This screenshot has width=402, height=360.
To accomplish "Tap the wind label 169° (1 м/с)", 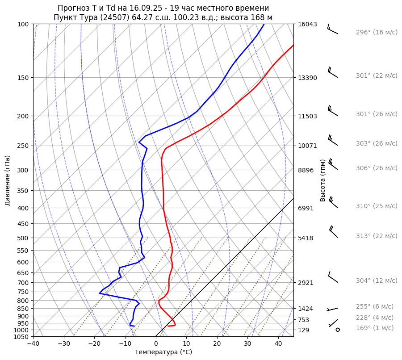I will (375, 328).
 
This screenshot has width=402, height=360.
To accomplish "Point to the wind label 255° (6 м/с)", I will (375, 306).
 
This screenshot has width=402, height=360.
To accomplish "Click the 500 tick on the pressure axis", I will (24, 238).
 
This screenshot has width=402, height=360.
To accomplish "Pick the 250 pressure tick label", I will (24, 146).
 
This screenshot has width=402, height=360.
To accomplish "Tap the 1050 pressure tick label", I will (22, 337).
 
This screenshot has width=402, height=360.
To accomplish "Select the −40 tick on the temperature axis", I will (33, 344).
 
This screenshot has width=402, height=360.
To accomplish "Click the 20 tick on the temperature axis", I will (217, 344).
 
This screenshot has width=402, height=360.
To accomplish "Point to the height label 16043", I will (307, 24).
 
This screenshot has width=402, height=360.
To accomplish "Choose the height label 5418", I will (306, 238).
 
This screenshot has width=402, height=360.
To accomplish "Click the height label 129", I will (304, 330).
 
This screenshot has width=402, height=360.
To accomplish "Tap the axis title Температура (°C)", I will (163, 352).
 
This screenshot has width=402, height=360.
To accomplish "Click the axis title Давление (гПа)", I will (8, 180).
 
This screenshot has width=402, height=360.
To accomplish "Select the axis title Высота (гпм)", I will (323, 180).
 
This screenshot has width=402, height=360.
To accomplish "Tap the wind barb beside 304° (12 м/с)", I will (333, 277).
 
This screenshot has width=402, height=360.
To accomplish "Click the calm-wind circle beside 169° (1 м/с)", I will (337, 330).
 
